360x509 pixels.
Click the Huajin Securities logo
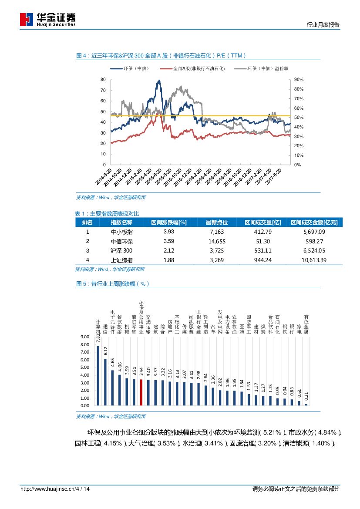click(48, 19)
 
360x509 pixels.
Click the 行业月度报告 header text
click(323, 25)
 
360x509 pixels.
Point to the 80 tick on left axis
click(103, 80)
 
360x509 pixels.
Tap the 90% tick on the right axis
click(299, 80)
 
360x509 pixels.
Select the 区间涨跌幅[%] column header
click(168, 222)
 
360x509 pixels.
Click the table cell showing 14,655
click(216, 241)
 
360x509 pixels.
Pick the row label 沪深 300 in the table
click(121, 251)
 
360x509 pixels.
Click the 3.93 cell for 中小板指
click(168, 232)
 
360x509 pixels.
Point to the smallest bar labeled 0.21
click(306, 405)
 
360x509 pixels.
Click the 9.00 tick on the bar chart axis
click(85, 337)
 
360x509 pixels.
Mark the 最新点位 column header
click(216, 222)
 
